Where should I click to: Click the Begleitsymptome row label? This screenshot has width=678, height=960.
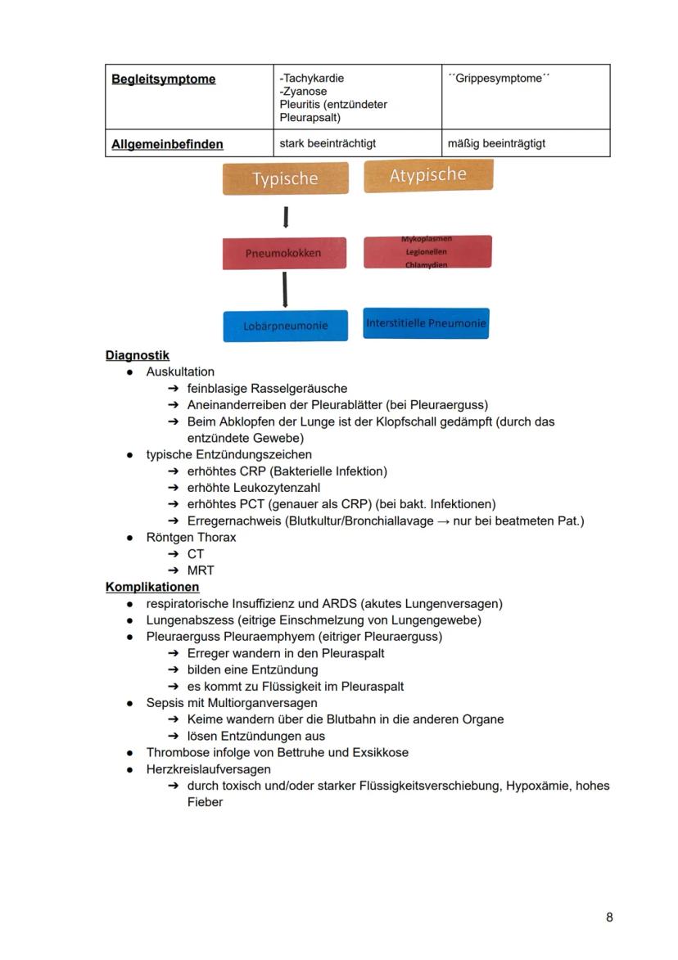pyautogui.click(x=164, y=79)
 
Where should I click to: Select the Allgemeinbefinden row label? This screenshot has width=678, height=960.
pyautogui.click(x=167, y=144)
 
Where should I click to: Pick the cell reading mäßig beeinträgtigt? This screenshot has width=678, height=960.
pyautogui.click(x=496, y=143)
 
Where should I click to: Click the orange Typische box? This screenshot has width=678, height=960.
pyautogui.click(x=285, y=178)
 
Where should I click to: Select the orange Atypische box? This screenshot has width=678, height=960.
pyautogui.click(x=428, y=175)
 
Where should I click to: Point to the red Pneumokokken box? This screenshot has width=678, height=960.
pyautogui.click(x=284, y=253)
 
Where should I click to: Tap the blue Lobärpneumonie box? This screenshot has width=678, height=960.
pyautogui.click(x=285, y=325)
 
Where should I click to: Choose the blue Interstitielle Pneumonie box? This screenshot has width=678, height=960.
pyautogui.click(x=426, y=323)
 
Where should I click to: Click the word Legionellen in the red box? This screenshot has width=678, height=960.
pyautogui.click(x=426, y=252)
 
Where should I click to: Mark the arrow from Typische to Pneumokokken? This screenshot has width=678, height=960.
pyautogui.click(x=285, y=217)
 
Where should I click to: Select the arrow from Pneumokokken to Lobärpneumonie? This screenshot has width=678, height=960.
pyautogui.click(x=284, y=291)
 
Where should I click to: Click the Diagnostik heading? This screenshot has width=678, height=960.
pyautogui.click(x=138, y=355)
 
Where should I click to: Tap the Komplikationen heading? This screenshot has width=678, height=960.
pyautogui.click(x=152, y=587)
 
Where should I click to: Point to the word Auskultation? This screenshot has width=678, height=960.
pyautogui.click(x=180, y=372)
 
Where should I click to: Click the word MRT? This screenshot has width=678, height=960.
pyautogui.click(x=201, y=570)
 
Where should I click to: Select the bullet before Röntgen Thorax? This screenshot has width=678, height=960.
pyautogui.click(x=130, y=538)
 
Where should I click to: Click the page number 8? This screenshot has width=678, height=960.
pyautogui.click(x=609, y=917)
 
